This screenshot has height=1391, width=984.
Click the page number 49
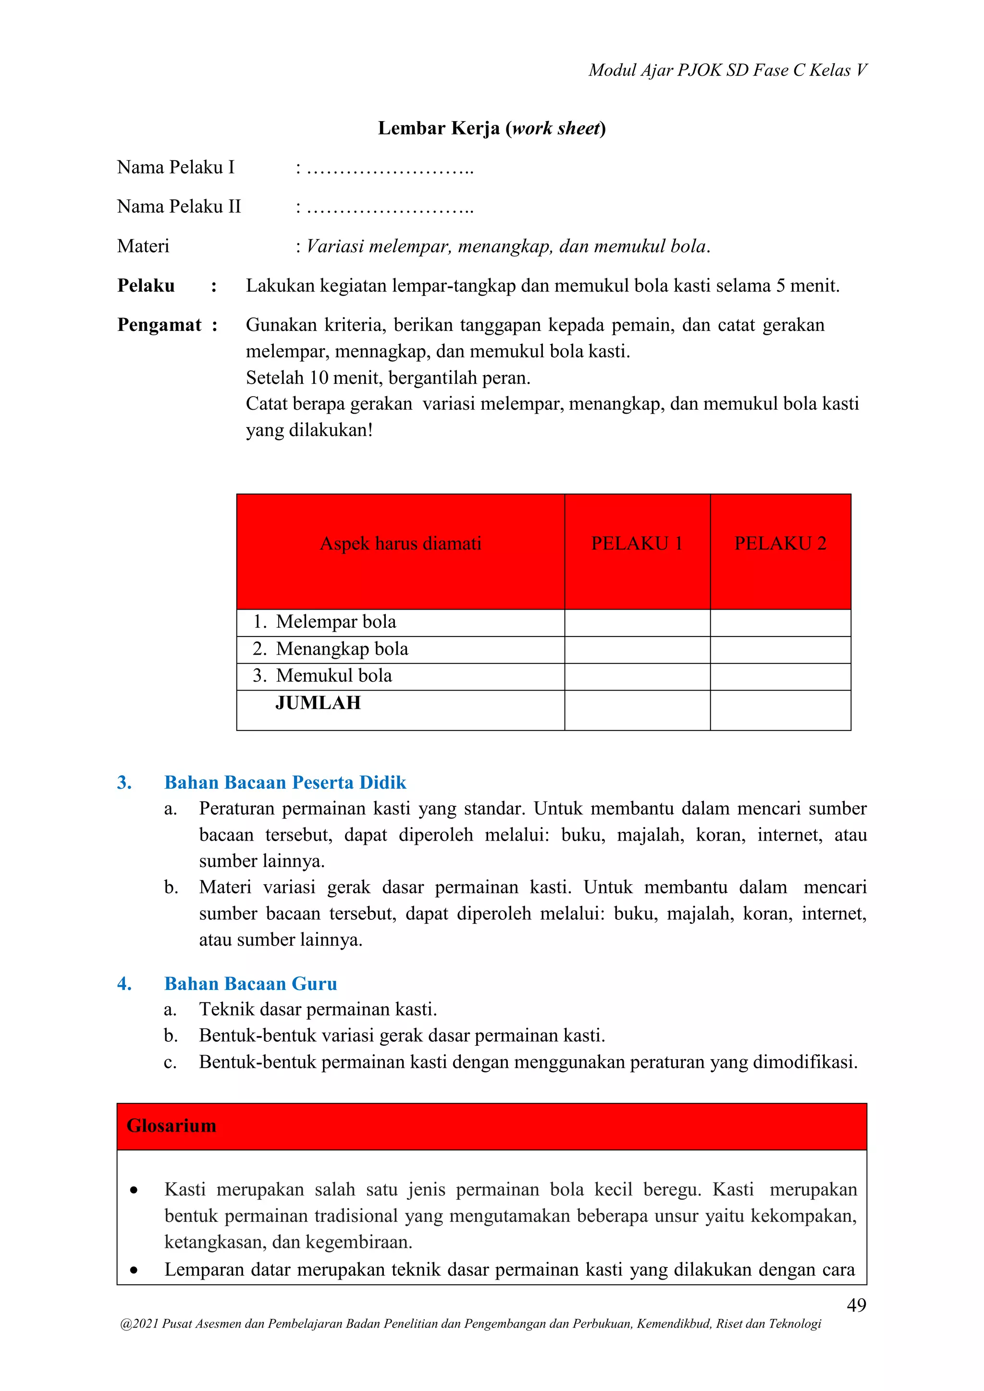[x=856, y=1305]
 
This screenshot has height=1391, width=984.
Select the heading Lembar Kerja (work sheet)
[x=492, y=128]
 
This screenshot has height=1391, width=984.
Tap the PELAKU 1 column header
[x=637, y=543]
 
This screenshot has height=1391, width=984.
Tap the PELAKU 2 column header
[x=780, y=543]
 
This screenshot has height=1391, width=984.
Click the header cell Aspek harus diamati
[x=401, y=543]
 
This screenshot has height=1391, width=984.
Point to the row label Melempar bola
[x=336, y=622]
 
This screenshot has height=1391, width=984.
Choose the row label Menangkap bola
[x=342, y=649]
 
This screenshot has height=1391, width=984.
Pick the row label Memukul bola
[x=334, y=675]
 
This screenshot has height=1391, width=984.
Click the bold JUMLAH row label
[x=318, y=703]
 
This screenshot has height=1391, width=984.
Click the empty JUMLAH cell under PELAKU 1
[x=637, y=709]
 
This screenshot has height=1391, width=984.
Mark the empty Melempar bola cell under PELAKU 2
[x=780, y=622]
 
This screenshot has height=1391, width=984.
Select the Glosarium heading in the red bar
[x=172, y=1126]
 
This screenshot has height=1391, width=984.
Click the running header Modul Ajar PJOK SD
[x=727, y=70]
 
